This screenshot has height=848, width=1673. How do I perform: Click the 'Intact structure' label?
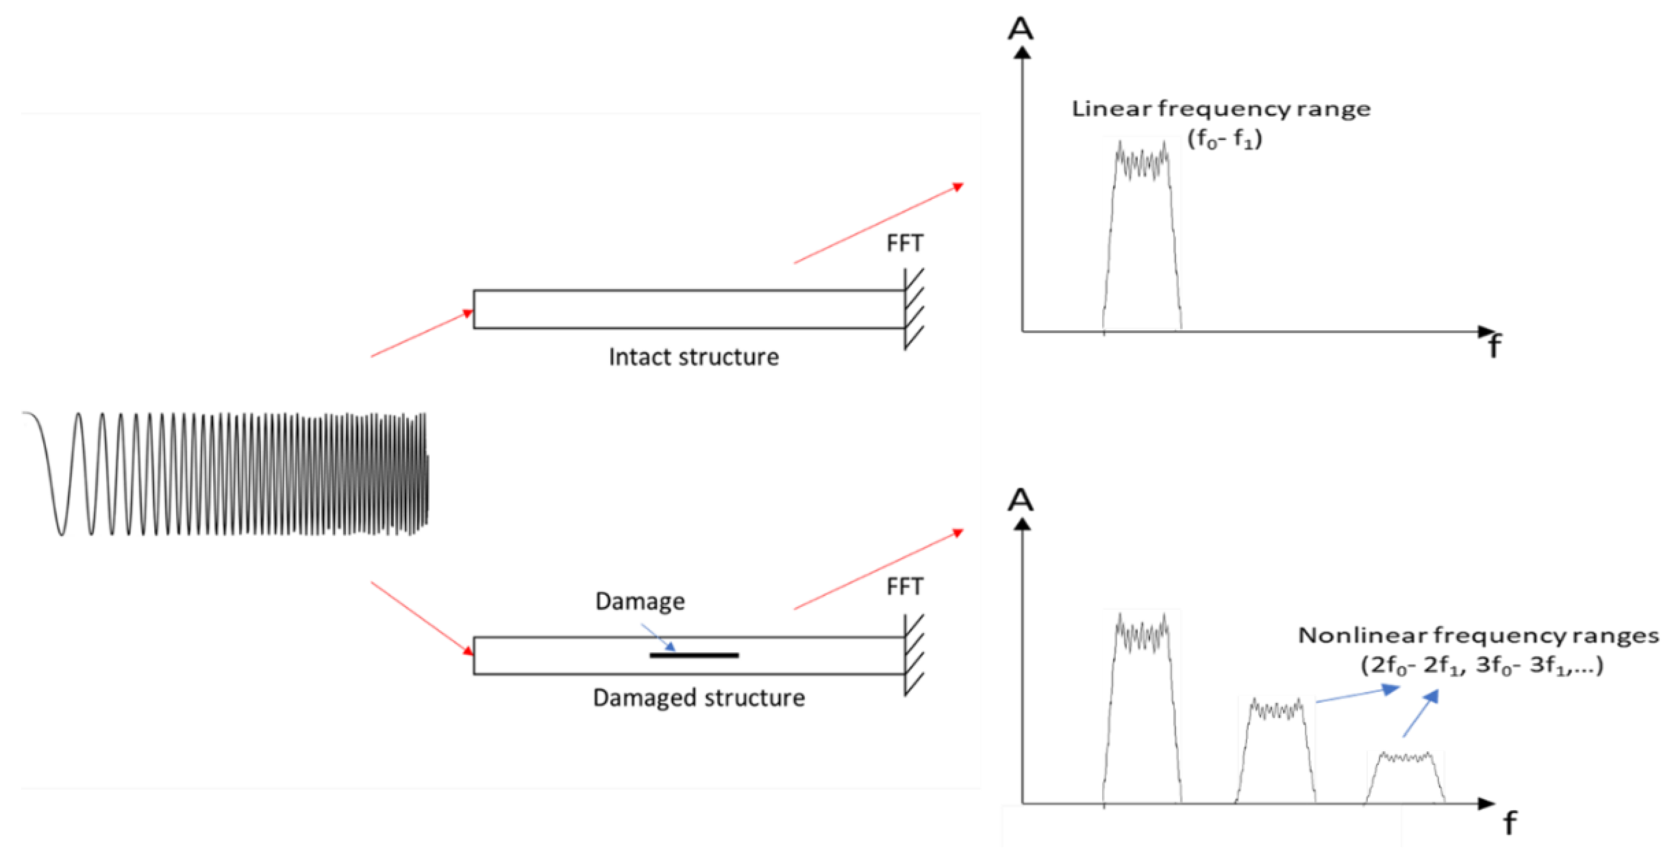tap(694, 357)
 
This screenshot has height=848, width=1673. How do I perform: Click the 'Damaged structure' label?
tap(699, 698)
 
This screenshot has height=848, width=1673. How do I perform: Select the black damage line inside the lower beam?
tap(694, 655)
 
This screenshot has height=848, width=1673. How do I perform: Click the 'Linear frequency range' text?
tap(1220, 109)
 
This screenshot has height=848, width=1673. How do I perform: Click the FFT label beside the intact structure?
tap(905, 244)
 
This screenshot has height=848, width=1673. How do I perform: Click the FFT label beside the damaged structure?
tap(905, 587)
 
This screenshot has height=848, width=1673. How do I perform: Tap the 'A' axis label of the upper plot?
tap(1020, 29)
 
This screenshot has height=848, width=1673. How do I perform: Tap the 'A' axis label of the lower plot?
tap(1020, 500)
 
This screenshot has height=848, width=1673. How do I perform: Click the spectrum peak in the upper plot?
tap(1142, 234)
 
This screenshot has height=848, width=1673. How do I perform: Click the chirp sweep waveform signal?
tap(227, 474)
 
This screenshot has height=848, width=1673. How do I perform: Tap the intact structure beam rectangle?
tap(688, 309)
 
